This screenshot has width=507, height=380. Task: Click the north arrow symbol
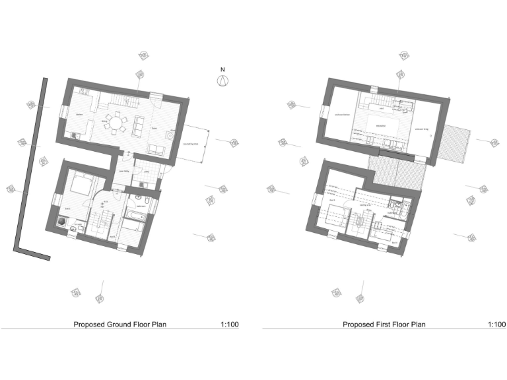pyautogui.click(x=222, y=80)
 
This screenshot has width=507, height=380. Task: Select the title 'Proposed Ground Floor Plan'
pyautogui.click(x=119, y=325)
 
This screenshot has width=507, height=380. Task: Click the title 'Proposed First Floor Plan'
pyautogui.click(x=384, y=325)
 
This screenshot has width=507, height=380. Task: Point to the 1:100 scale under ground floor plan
pyautogui.click(x=230, y=325)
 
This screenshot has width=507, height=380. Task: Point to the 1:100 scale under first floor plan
pyautogui.click(x=496, y=325)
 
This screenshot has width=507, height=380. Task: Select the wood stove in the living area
pyautogui.click(x=170, y=136)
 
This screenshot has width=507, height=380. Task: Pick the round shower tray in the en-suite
pyautogui.click(x=63, y=222)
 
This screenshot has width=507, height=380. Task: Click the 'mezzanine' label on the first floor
pyautogui.click(x=380, y=125)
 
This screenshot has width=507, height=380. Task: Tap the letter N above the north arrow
pyautogui.click(x=222, y=69)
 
